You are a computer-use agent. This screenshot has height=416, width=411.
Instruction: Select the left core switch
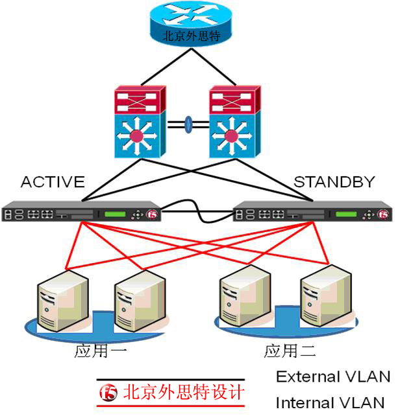point(136,122)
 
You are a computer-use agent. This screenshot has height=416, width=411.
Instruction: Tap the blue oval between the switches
point(188,124)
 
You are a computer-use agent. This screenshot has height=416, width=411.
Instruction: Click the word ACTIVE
point(53,182)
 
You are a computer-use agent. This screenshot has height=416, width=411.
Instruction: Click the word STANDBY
point(334,182)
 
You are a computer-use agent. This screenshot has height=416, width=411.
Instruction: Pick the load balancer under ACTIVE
point(81,213)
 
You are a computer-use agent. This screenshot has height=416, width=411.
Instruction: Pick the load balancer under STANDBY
point(312,213)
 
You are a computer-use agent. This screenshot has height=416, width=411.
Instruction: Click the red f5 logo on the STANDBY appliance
point(384,213)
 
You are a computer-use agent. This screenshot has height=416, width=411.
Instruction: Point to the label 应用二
point(290,352)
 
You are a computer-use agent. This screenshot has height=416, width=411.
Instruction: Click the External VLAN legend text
point(333,376)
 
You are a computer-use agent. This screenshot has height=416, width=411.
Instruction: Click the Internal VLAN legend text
point(330,402)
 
